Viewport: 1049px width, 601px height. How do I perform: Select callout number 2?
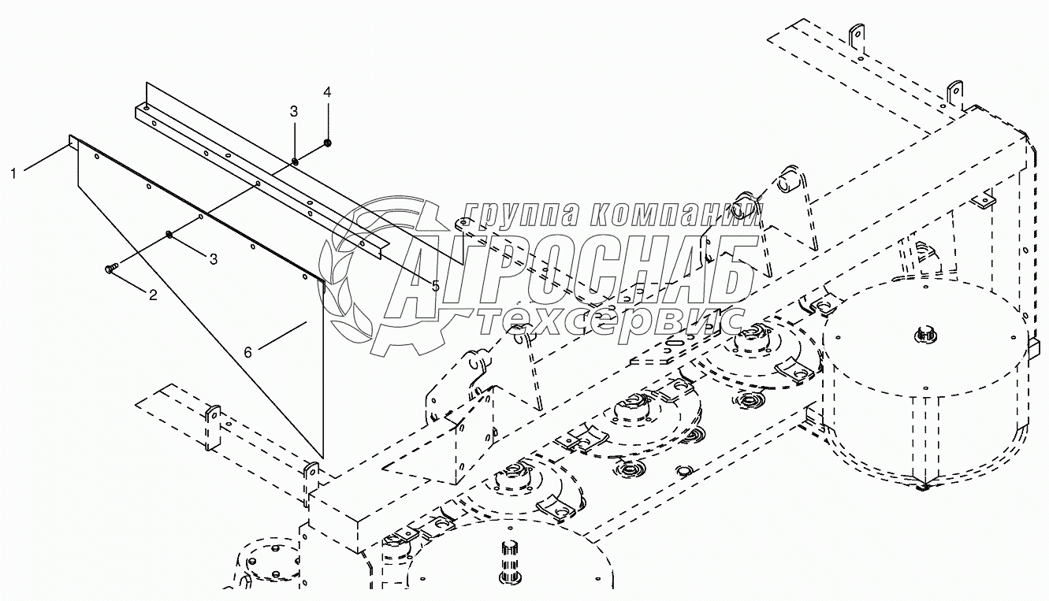click(153, 295)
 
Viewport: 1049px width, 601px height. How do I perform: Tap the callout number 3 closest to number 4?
click(293, 112)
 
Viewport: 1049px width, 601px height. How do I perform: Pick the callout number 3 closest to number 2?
click(213, 258)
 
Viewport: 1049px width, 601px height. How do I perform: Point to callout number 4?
click(327, 93)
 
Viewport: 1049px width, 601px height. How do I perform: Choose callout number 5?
click(435, 286)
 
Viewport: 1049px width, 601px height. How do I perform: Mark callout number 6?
click(247, 352)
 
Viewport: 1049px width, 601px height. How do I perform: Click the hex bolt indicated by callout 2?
click(110, 269)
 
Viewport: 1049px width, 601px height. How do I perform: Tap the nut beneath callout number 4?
click(327, 143)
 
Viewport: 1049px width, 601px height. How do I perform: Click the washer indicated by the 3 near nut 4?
click(294, 162)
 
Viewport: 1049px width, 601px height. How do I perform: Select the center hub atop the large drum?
click(925, 336)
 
